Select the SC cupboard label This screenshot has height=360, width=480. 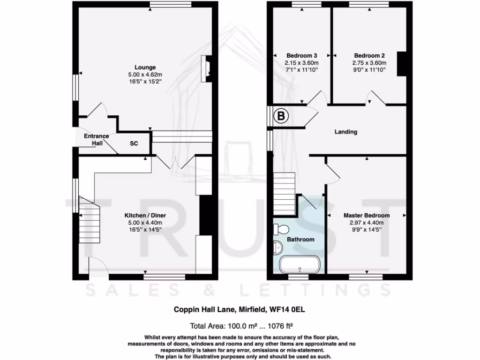click(x=134, y=144)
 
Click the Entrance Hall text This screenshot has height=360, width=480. click(x=96, y=139)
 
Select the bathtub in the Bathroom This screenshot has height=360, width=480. click(x=300, y=264)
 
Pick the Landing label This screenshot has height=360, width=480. click(x=345, y=132)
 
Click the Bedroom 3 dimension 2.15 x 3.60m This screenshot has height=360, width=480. click(x=301, y=63)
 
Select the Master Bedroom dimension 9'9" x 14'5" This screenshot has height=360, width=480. click(x=366, y=230)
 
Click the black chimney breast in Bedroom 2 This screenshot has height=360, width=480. click(x=402, y=63)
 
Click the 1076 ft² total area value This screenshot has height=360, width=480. click(x=280, y=325)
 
